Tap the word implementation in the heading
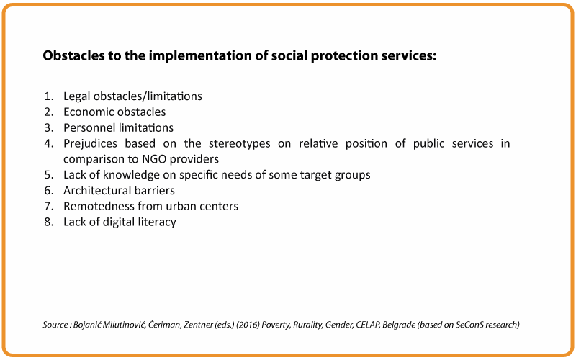click(206, 56)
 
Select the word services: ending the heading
click(408, 55)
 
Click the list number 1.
click(48, 96)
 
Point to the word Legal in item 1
click(77, 96)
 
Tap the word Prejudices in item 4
click(91, 143)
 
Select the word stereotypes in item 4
click(240, 143)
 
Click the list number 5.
click(48, 175)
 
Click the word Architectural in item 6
click(97, 190)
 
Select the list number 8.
click(48, 222)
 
